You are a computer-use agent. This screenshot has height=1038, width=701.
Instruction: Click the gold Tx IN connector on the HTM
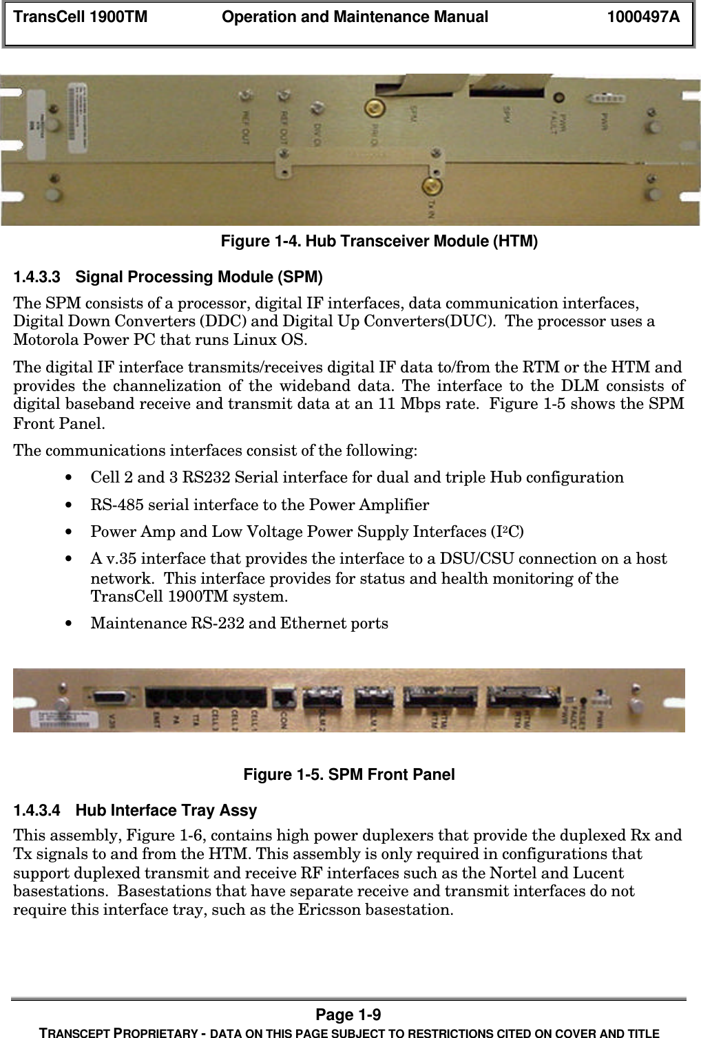pos(432,186)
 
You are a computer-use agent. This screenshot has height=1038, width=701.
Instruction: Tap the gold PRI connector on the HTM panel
pos(374,107)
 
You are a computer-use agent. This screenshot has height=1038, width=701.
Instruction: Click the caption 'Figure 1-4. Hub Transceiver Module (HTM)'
pos(379,241)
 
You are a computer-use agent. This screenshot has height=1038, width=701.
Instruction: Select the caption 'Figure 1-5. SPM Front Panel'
pos(349,774)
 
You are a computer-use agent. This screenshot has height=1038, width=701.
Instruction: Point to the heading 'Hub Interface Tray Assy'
pos(166,810)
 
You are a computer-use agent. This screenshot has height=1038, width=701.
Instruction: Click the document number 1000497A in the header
pos(642,17)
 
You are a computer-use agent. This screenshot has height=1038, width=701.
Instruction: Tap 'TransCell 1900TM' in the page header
pos(81,17)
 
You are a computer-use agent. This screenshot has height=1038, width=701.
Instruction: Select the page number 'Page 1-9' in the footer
pos(348,1015)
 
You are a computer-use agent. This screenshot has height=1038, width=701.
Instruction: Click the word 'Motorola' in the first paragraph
pos(43,339)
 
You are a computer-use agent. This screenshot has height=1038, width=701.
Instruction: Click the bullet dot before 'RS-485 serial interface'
pos(67,505)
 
